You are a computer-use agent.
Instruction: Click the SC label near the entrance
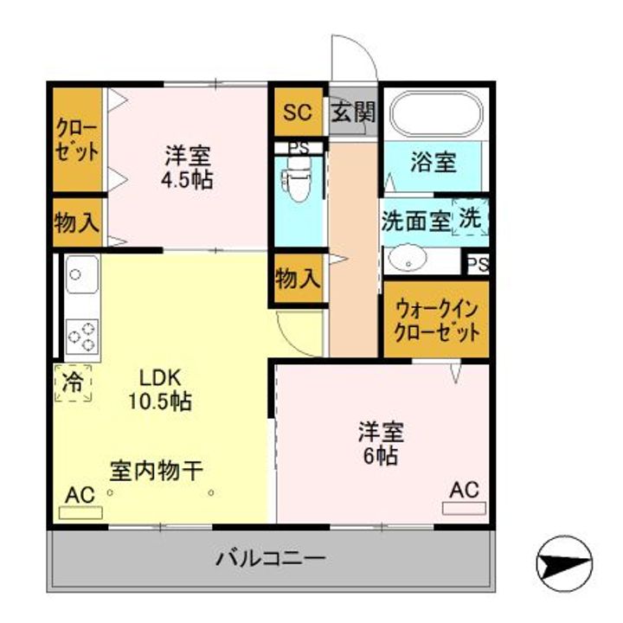(298, 112)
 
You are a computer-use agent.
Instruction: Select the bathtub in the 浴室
(435, 112)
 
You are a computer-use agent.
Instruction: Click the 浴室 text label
(434, 162)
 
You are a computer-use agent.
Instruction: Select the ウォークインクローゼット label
(437, 320)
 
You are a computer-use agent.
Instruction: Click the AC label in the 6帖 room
(465, 489)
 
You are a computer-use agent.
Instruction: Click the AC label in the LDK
(80, 495)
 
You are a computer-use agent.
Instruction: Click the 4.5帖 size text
(186, 181)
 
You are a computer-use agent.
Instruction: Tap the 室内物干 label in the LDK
(156, 471)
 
